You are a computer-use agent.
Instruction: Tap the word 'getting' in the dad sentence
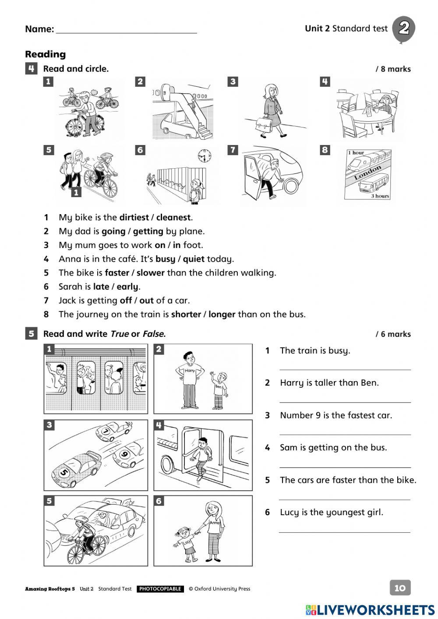[x=148, y=231]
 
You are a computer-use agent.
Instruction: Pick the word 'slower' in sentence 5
[x=150, y=273]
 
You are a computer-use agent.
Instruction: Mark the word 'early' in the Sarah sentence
[x=127, y=287]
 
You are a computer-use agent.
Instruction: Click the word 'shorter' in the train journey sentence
[x=186, y=315]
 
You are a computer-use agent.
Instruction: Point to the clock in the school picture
[x=204, y=156]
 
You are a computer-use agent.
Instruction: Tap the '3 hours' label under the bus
[x=380, y=196]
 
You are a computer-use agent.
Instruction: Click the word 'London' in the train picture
[x=368, y=172]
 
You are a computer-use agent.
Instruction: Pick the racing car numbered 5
[x=74, y=467]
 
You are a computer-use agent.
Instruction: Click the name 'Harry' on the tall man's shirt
[x=190, y=371]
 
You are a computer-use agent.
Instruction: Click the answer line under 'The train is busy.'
[x=345, y=369]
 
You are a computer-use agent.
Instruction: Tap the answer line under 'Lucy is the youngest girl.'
[x=345, y=531]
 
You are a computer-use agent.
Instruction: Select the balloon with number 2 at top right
[x=403, y=29]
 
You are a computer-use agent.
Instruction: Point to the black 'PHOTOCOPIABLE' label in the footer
[x=160, y=589]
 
